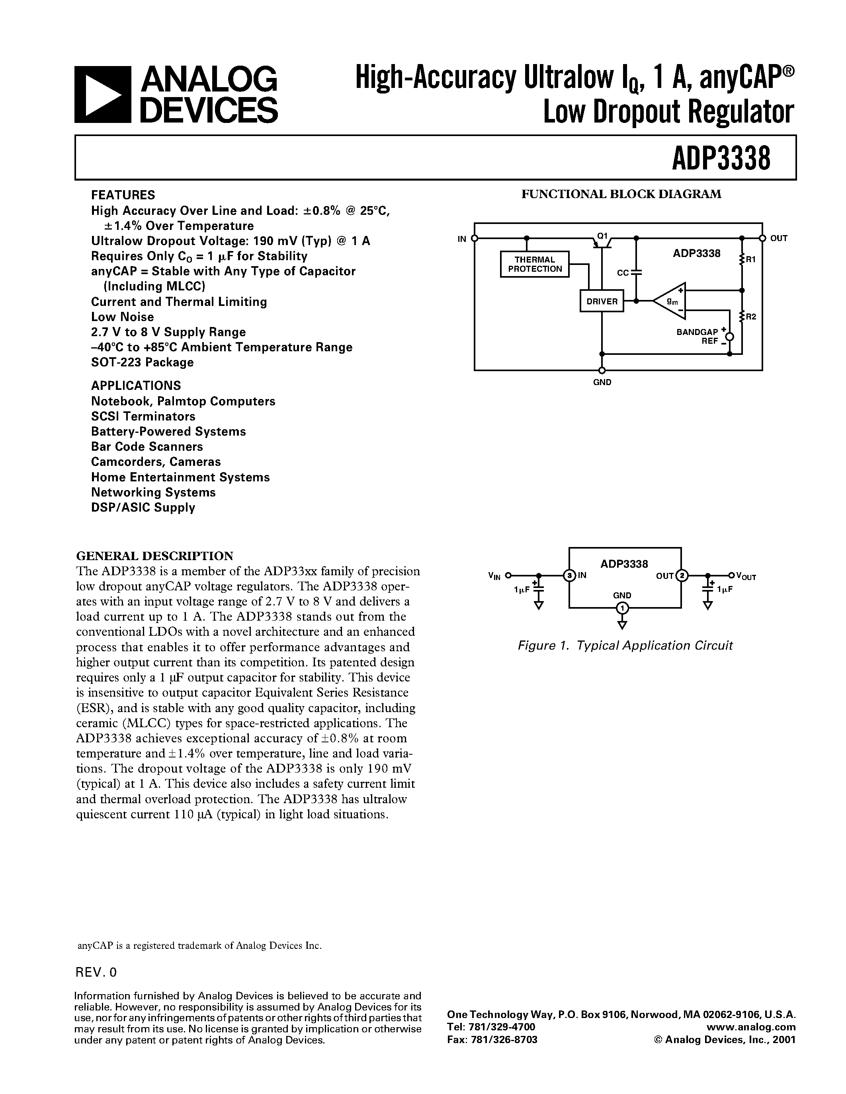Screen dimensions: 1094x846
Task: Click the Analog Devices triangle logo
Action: (102, 95)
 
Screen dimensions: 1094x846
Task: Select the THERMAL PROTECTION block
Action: (535, 264)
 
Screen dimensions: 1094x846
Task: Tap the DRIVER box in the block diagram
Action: (602, 301)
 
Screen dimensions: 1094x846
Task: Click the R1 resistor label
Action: (750, 259)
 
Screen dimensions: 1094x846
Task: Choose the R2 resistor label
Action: (750, 317)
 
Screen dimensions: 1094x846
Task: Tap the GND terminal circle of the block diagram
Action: (602, 370)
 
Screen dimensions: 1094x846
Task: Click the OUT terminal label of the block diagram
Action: (779, 238)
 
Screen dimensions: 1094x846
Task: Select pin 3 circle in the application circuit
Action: (569, 576)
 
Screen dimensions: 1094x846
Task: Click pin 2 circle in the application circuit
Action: (682, 576)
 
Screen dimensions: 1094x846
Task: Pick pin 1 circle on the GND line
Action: (622, 608)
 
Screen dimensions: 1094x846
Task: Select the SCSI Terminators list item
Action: (143, 416)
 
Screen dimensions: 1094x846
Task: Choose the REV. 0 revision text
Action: (96, 972)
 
